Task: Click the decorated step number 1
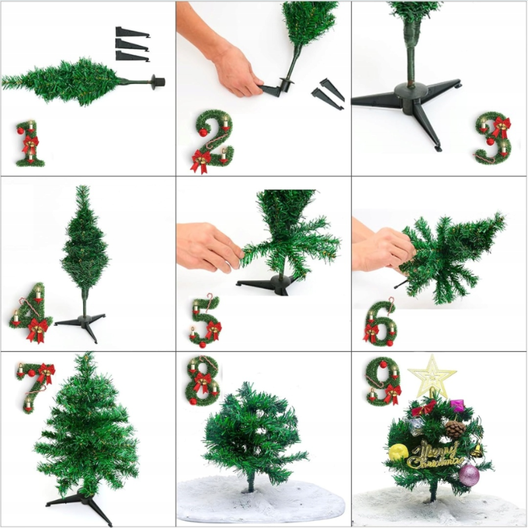pyautogui.click(x=30, y=144)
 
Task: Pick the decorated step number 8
pyautogui.click(x=203, y=381)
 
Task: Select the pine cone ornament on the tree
pyautogui.click(x=455, y=429)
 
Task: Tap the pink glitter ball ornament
pyautogui.click(x=469, y=475)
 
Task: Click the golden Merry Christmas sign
pyautogui.click(x=434, y=455)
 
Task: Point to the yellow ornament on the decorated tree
pyautogui.click(x=399, y=452)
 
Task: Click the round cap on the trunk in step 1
pyautogui.click(x=158, y=82)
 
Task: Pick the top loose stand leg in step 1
pyautogui.click(x=133, y=32)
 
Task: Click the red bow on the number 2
pyautogui.click(x=201, y=160)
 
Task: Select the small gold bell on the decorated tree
pyautogui.click(x=477, y=450)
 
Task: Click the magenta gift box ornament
pyautogui.click(x=457, y=406)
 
